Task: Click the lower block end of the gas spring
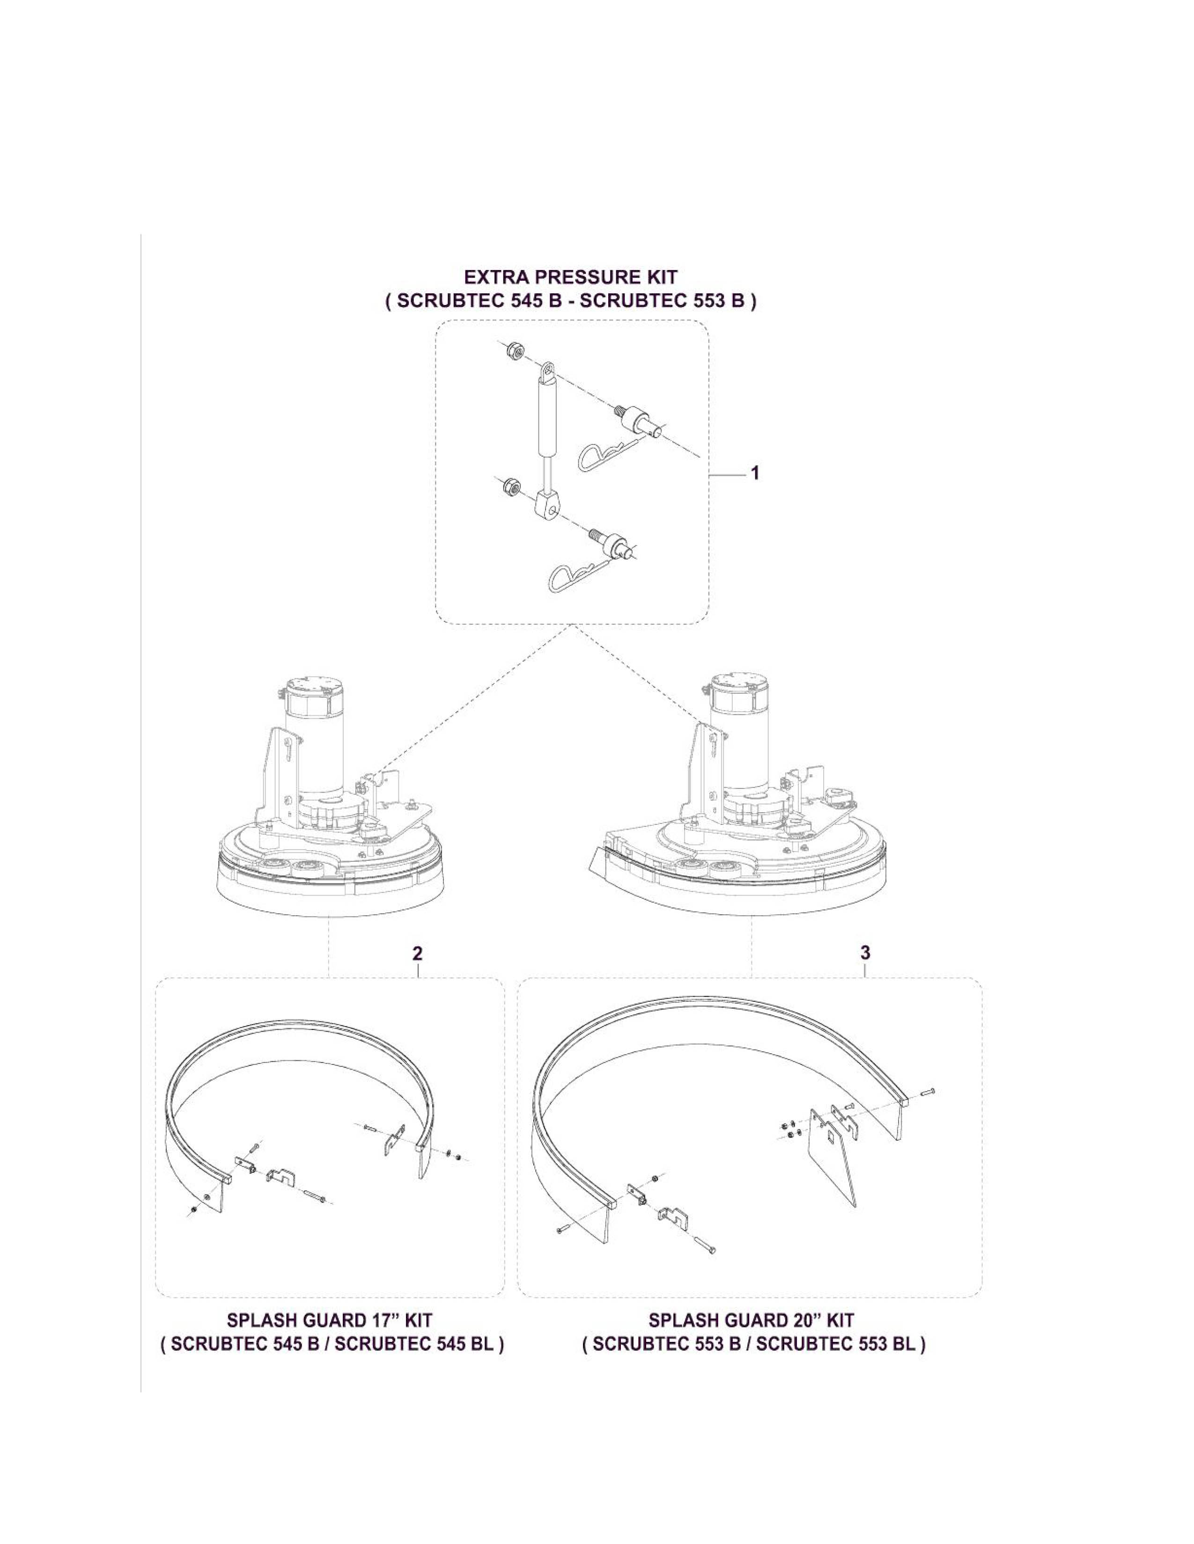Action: coord(550,505)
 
